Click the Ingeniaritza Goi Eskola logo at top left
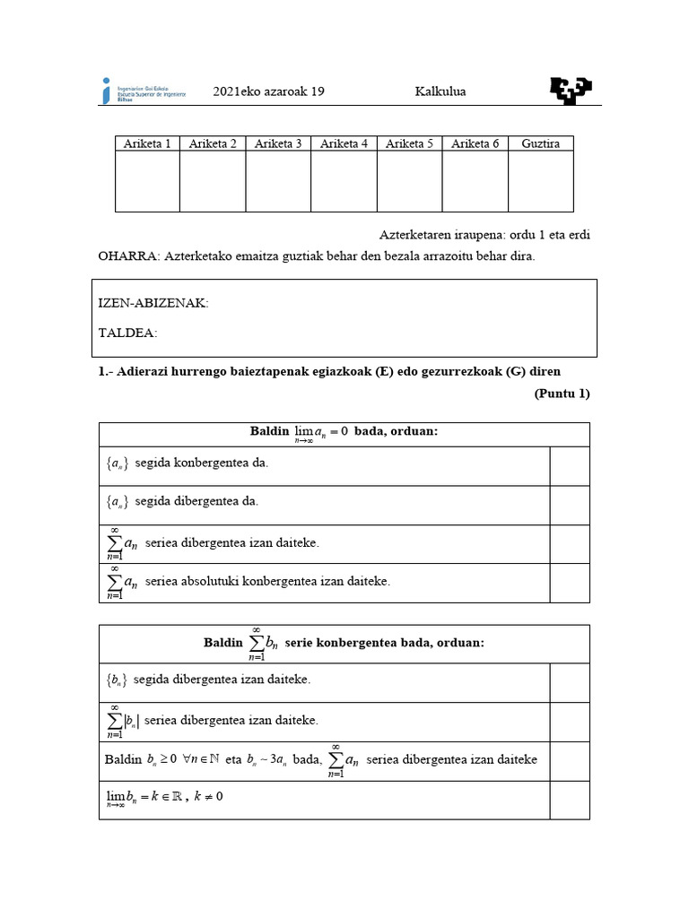coord(144,91)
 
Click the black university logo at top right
coord(570,90)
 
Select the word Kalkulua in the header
coord(440,91)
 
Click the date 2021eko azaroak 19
coord(268,91)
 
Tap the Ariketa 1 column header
coord(147,143)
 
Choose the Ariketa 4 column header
coord(344,143)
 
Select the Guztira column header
coord(540,143)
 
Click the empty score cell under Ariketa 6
coord(475,181)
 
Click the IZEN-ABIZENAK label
coord(153,304)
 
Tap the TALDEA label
coord(127,333)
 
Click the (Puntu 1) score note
coord(562,394)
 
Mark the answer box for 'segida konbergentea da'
coord(570,465)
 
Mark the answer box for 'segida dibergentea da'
coord(570,505)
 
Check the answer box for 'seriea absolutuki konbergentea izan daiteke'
coord(570,583)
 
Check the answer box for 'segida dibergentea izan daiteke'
coord(570,682)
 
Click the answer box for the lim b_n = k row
coord(570,800)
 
